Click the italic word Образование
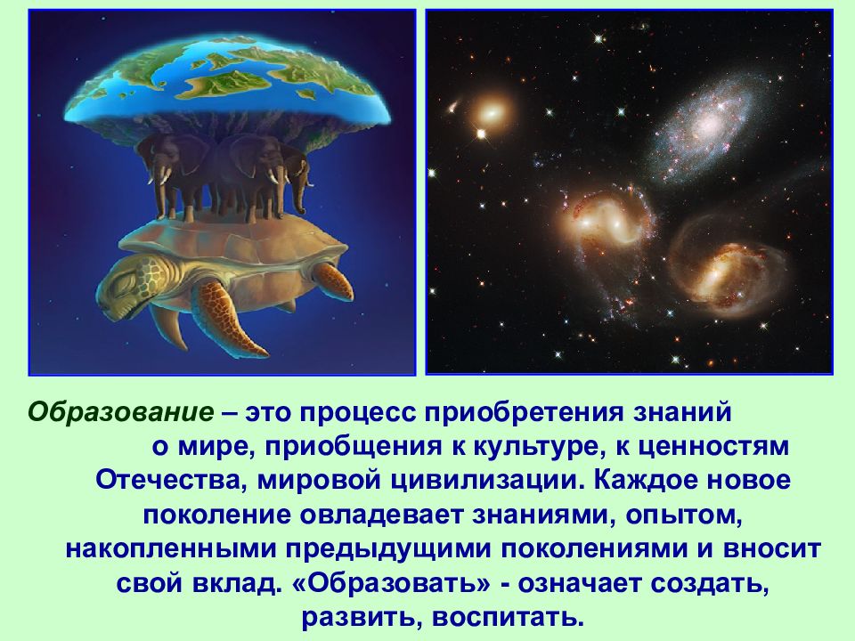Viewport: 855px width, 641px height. tap(121, 412)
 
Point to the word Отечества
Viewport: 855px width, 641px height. tap(166, 481)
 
